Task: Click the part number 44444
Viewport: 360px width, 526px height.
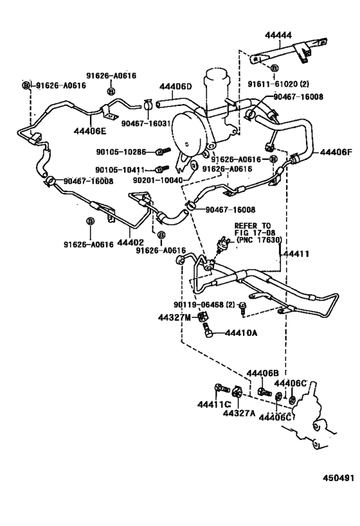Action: (x=278, y=35)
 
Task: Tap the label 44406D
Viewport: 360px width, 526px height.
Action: (x=175, y=87)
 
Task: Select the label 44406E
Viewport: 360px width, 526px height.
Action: (x=89, y=130)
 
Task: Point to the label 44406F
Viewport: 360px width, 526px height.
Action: (x=336, y=152)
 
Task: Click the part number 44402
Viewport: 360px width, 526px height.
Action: (x=130, y=242)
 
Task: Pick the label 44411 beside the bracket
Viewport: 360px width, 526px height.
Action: (x=296, y=254)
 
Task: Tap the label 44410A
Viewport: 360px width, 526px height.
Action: (x=241, y=333)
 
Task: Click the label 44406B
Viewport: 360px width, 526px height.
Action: (x=263, y=373)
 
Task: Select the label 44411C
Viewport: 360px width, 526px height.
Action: (x=213, y=405)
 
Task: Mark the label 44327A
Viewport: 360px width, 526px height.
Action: (x=239, y=414)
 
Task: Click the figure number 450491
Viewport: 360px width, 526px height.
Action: (x=339, y=478)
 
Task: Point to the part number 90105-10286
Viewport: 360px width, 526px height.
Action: (x=121, y=152)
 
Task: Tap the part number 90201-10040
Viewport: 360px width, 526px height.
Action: (x=157, y=180)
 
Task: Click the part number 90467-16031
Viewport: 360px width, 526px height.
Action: (x=146, y=123)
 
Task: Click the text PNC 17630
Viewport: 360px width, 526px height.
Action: (x=259, y=240)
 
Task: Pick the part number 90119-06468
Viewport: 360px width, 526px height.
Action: (x=199, y=304)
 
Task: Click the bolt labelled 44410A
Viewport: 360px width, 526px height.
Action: (x=207, y=329)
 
